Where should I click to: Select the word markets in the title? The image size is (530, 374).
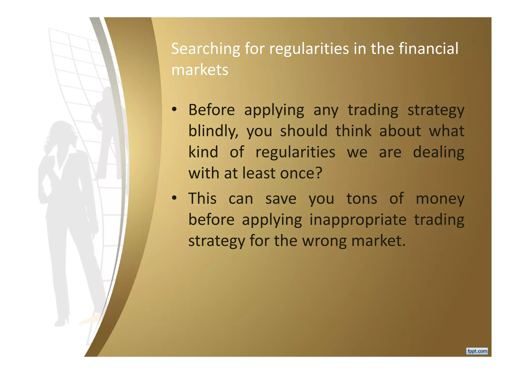click(200, 70)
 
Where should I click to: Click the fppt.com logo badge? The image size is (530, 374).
click(477, 351)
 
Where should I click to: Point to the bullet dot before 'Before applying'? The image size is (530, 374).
click(174, 110)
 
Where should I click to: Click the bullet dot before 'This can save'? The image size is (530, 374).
click(174, 198)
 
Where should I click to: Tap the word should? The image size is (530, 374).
click(304, 131)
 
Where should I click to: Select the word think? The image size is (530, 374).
click(354, 131)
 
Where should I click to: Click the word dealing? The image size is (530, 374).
click(438, 152)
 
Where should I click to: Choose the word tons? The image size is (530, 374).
click(362, 198)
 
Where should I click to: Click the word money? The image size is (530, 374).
click(440, 199)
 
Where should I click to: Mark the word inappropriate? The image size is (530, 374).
click(358, 220)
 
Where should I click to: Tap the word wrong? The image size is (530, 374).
click(325, 241)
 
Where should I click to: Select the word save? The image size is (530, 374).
click(281, 199)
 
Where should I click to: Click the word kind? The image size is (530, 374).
click(203, 152)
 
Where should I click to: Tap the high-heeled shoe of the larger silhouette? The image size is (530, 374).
click(62, 322)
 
